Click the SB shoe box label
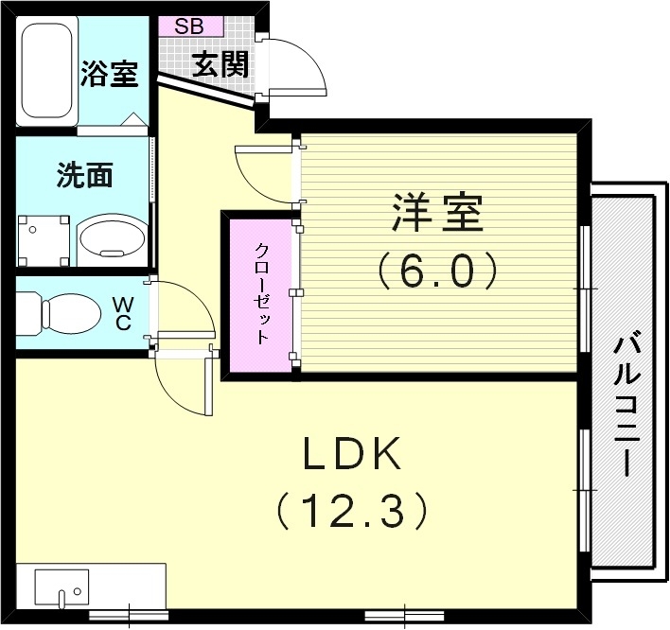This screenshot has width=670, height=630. point(189,26)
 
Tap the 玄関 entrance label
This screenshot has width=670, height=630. point(220,64)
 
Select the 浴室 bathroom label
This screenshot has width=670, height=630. point(110,74)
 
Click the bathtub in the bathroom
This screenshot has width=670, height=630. point(47,71)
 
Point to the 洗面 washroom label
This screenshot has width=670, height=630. point(85,175)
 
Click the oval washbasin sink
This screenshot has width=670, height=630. point(113,237)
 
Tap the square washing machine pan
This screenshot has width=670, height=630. point(44,240)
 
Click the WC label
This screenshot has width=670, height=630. point(123,314)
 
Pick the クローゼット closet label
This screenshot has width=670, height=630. point(262,294)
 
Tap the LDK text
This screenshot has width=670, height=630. point(352,452)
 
